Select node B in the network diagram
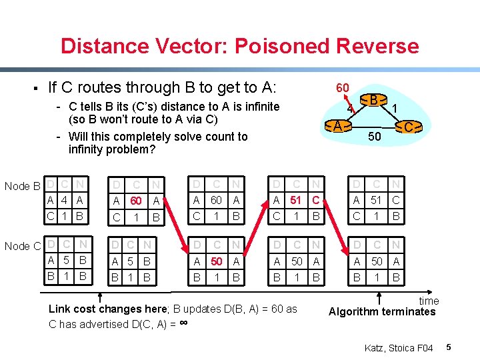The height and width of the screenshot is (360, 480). (x=375, y=101)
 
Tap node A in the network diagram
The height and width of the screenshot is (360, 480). (x=339, y=125)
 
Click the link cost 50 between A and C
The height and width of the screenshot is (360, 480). (x=375, y=137)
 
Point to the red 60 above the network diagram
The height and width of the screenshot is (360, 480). (x=343, y=87)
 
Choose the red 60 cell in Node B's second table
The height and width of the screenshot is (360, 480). (x=136, y=200)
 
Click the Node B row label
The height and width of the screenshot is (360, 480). (x=23, y=185)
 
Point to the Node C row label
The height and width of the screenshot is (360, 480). (x=23, y=246)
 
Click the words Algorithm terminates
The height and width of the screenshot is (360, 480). (x=382, y=311)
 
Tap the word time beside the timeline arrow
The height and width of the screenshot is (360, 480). (x=428, y=301)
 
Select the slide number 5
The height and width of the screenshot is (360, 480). (x=449, y=347)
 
